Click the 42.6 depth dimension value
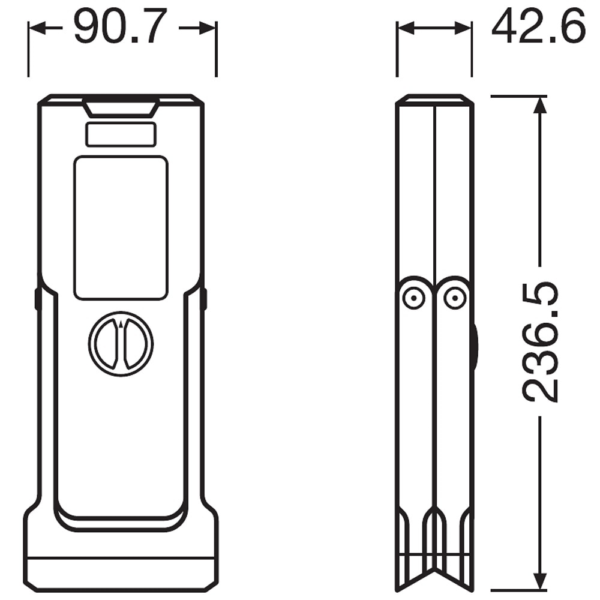[x=538, y=27]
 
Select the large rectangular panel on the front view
[x=121, y=227]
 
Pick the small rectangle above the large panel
[x=121, y=134]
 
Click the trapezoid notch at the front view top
[x=121, y=107]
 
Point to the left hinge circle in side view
[x=414, y=298]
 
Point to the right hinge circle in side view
[x=454, y=298]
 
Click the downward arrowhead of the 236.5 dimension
[x=541, y=583]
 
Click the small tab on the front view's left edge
[x=38, y=298]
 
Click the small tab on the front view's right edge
[x=203, y=298]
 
